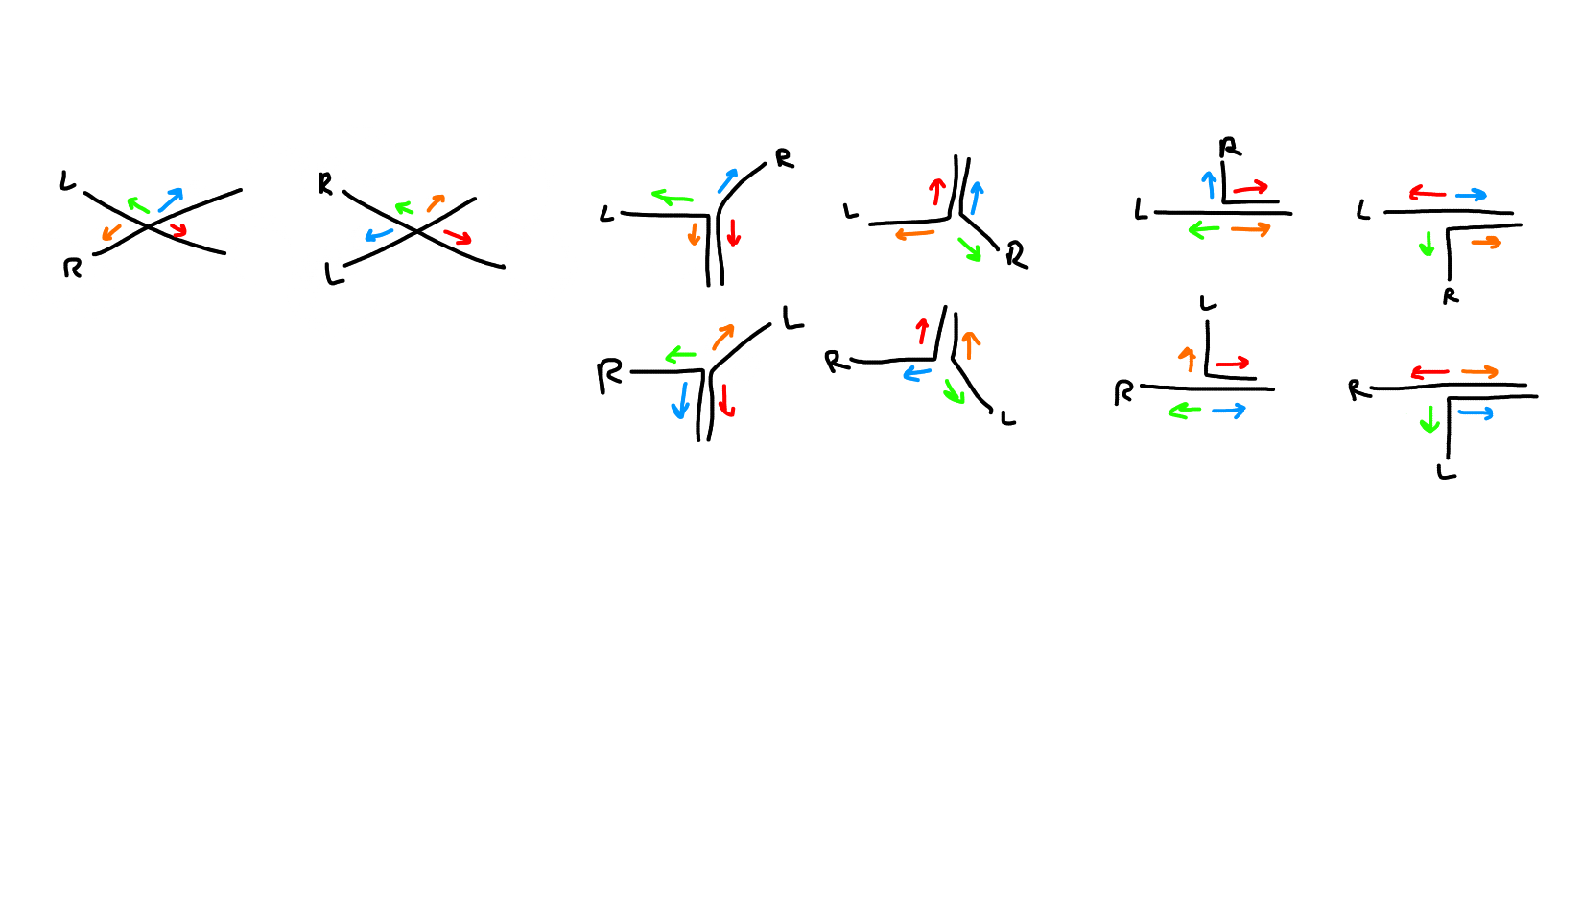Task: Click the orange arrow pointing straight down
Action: [x=694, y=234]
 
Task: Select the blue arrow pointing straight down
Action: [x=681, y=400]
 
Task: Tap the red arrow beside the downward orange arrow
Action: [x=734, y=232]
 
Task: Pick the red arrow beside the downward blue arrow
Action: [x=726, y=399]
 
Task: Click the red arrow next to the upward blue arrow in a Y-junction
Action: [x=936, y=191]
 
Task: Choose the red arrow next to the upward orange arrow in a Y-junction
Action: [x=922, y=331]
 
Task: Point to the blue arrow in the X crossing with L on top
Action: [x=170, y=200]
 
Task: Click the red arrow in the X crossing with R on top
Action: [x=458, y=237]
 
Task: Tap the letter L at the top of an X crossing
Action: [x=67, y=180]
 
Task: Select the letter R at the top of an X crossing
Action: [x=325, y=184]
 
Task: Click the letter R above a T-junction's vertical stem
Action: [x=1230, y=148]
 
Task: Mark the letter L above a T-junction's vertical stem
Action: [x=1208, y=304]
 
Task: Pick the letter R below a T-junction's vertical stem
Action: [x=1451, y=295]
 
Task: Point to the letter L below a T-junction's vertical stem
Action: [x=1447, y=472]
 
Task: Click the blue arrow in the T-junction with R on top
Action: [x=1209, y=184]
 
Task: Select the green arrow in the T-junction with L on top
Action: [x=1185, y=411]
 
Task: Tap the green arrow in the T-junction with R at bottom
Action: [x=1427, y=244]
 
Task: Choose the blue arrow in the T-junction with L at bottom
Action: [x=1476, y=413]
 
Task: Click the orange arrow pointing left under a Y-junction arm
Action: [x=914, y=234]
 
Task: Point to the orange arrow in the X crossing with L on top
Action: [x=111, y=232]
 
